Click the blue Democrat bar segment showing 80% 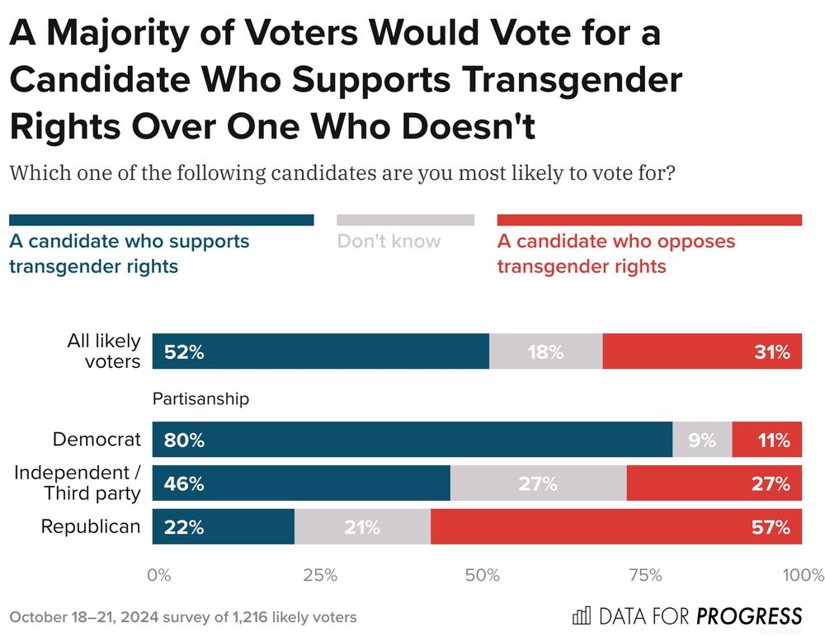coord(412,440)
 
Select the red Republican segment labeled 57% coord(615,527)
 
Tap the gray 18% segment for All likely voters coord(545,351)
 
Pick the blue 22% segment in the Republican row coord(224,527)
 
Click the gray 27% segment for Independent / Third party coord(538,483)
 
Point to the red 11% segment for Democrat coord(766,440)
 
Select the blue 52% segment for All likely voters coord(321,351)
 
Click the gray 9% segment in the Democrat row coord(702,440)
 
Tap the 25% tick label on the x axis coord(320,575)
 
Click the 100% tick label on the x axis coord(801,575)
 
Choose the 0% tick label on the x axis coord(158,575)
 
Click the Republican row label coord(91,526)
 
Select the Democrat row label coord(97,440)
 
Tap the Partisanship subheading coord(200,399)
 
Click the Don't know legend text coord(389,242)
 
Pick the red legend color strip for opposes coord(649,220)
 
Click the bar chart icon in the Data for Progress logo coord(581,615)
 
